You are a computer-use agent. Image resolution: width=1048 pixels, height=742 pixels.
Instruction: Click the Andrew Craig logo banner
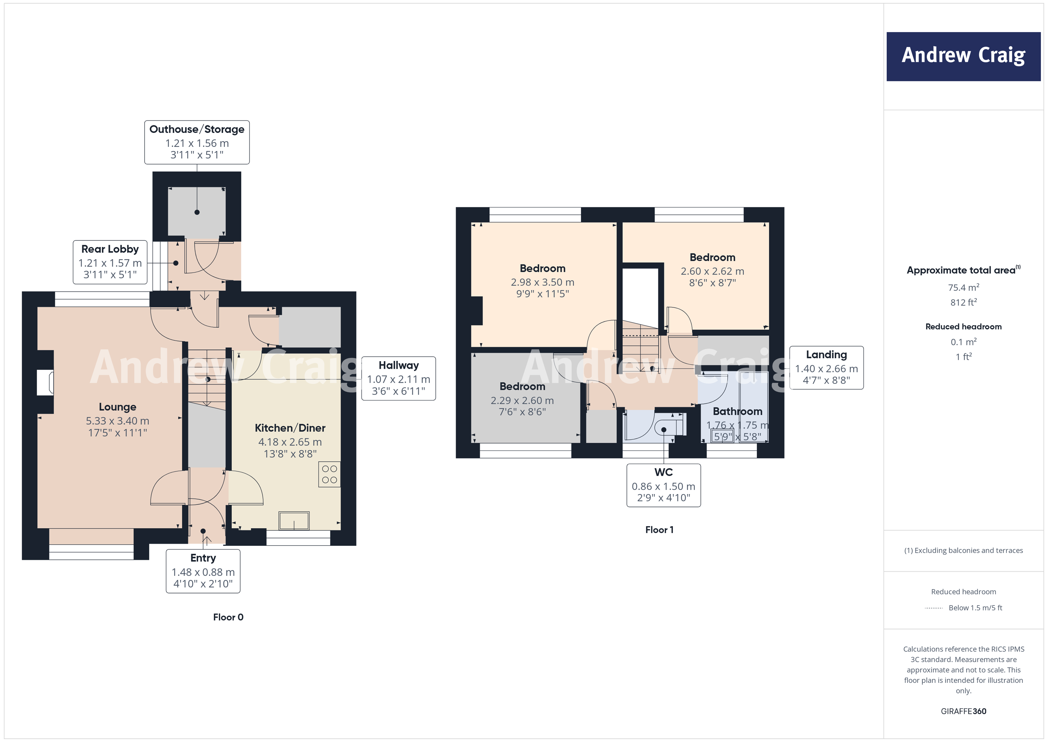click(x=963, y=56)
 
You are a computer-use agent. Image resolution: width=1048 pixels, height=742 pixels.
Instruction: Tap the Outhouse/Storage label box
click(x=197, y=142)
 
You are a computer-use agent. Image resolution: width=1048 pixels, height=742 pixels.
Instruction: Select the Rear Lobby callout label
click(x=110, y=262)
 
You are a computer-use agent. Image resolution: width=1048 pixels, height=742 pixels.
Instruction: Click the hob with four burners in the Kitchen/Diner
click(x=329, y=474)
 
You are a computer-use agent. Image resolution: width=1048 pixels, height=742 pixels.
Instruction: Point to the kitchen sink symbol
click(x=294, y=521)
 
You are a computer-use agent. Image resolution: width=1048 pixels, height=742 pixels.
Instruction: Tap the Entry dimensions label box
click(x=203, y=571)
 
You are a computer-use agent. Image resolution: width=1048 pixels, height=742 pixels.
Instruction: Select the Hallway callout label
click(x=399, y=378)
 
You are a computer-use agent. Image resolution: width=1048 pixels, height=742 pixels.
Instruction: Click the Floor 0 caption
click(x=228, y=617)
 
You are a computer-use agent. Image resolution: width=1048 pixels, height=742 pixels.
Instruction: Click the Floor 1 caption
click(x=659, y=530)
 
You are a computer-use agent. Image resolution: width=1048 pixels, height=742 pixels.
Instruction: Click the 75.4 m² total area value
click(x=963, y=287)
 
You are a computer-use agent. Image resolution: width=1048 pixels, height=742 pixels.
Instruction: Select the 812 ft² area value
click(x=963, y=302)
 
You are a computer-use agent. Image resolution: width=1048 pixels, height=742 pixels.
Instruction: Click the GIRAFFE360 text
click(x=963, y=711)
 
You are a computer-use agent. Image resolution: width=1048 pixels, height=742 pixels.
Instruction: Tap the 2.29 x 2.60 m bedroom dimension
click(x=522, y=401)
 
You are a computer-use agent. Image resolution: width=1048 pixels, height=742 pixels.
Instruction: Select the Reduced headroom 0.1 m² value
click(x=963, y=342)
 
